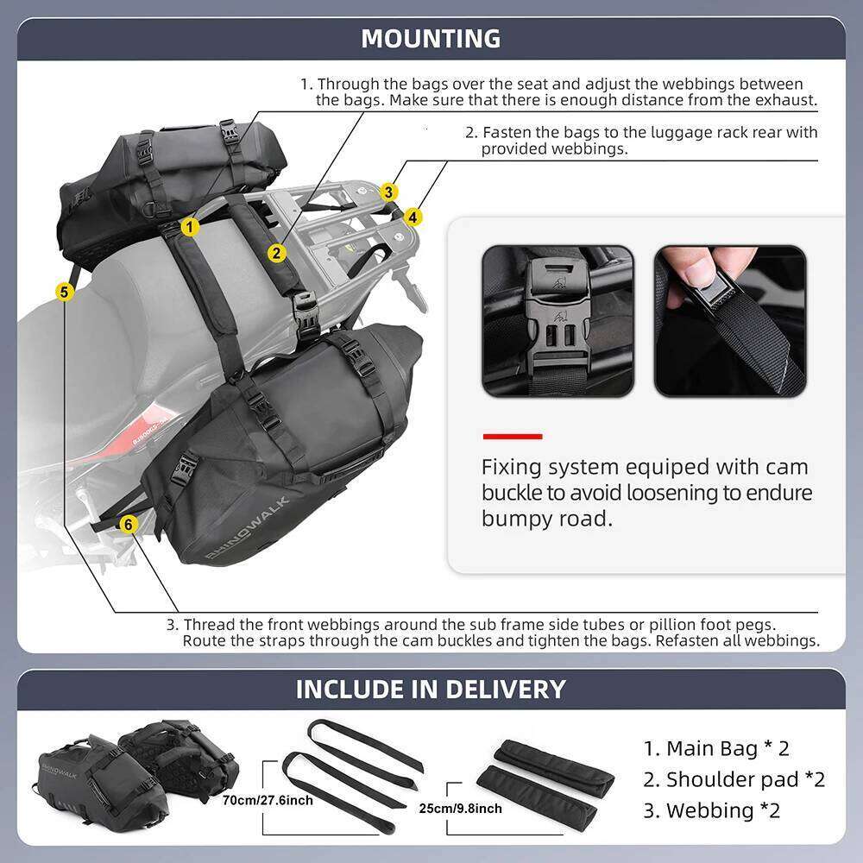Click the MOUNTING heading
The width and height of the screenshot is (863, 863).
431,39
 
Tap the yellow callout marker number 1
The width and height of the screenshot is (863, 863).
191,226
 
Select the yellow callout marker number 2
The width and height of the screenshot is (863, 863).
276,252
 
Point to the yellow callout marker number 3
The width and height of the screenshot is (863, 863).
390,192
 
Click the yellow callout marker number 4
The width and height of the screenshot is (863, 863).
413,217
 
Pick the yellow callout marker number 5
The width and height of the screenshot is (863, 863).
64,292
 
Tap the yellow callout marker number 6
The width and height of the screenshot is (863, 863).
128,523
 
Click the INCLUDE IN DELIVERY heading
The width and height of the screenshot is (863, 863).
431,690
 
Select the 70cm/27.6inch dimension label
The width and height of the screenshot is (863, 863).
268,801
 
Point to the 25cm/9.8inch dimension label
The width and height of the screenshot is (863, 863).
459,809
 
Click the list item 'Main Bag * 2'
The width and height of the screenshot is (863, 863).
716,747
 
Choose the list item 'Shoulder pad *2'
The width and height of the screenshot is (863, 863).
734,779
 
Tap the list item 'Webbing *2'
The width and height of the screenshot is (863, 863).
711,810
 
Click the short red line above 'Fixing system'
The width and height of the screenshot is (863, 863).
512,437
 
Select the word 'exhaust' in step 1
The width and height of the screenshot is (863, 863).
787,100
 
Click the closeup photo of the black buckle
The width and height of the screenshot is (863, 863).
557,321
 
